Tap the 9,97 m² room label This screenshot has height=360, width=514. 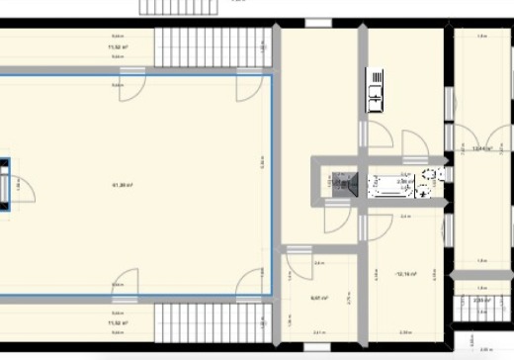pyautogui.click(x=319, y=297)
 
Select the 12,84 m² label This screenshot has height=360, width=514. pyautogui.click(x=482, y=149)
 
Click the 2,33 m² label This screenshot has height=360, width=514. pyautogui.click(x=481, y=300)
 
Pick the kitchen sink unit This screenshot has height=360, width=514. pyautogui.click(x=376, y=89)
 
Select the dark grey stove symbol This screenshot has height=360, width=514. pyautogui.click(x=342, y=183)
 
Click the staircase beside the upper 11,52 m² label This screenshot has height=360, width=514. pyautogui.click(x=212, y=46)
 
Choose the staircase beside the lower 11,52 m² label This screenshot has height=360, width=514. pyautogui.click(x=212, y=322)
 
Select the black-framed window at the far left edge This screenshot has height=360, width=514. pyautogui.click(x=4, y=184)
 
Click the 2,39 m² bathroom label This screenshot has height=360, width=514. pyautogui.click(x=404, y=182)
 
